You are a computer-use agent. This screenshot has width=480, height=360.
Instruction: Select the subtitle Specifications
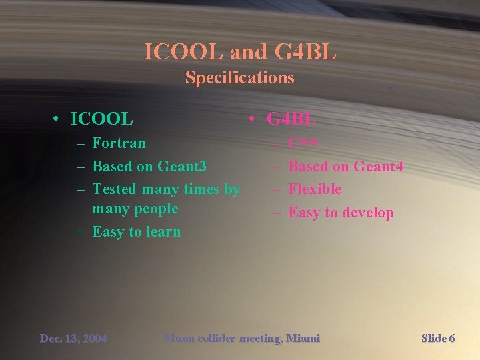(x=239, y=77)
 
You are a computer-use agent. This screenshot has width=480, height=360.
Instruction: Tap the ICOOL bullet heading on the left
(x=101, y=119)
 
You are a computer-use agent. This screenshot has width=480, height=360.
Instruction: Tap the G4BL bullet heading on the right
(x=291, y=119)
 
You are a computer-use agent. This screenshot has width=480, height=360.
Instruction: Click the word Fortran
(x=119, y=143)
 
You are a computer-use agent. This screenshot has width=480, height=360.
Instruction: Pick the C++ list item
(x=303, y=143)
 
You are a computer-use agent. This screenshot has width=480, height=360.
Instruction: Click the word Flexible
(x=315, y=189)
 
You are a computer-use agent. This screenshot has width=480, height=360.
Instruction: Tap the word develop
(x=368, y=213)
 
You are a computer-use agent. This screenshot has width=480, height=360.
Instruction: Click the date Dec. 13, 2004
(x=73, y=339)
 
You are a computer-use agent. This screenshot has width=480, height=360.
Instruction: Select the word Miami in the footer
(x=304, y=339)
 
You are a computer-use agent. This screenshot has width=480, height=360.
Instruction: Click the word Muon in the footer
(x=179, y=339)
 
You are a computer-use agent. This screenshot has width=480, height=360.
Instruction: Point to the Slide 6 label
(x=438, y=339)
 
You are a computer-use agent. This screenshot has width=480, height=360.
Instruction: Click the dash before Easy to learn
(x=80, y=232)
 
